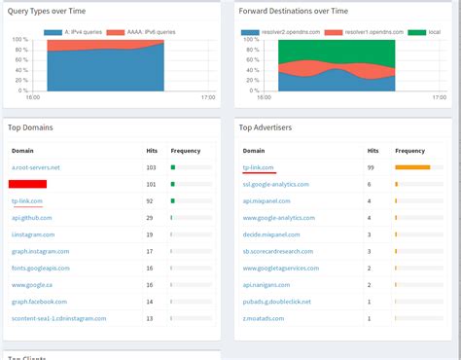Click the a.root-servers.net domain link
pos(35,167)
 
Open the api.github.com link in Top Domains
pos(32,218)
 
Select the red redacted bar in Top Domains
pos(29,183)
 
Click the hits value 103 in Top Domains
pos(150,167)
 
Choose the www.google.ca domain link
pos(32,284)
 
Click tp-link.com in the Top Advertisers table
pos(259,167)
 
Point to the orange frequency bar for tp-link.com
pos(412,167)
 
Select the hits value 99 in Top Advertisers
pos(371,167)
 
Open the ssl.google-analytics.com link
pos(275,184)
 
